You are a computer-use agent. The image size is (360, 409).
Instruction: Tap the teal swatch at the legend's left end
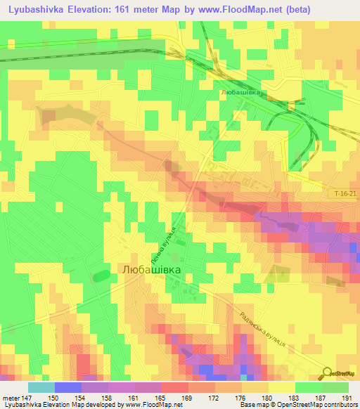[x=41, y=387]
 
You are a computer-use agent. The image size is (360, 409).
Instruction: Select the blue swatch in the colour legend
[x=67, y=387]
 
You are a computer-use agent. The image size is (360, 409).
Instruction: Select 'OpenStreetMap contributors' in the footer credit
[x=319, y=405]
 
